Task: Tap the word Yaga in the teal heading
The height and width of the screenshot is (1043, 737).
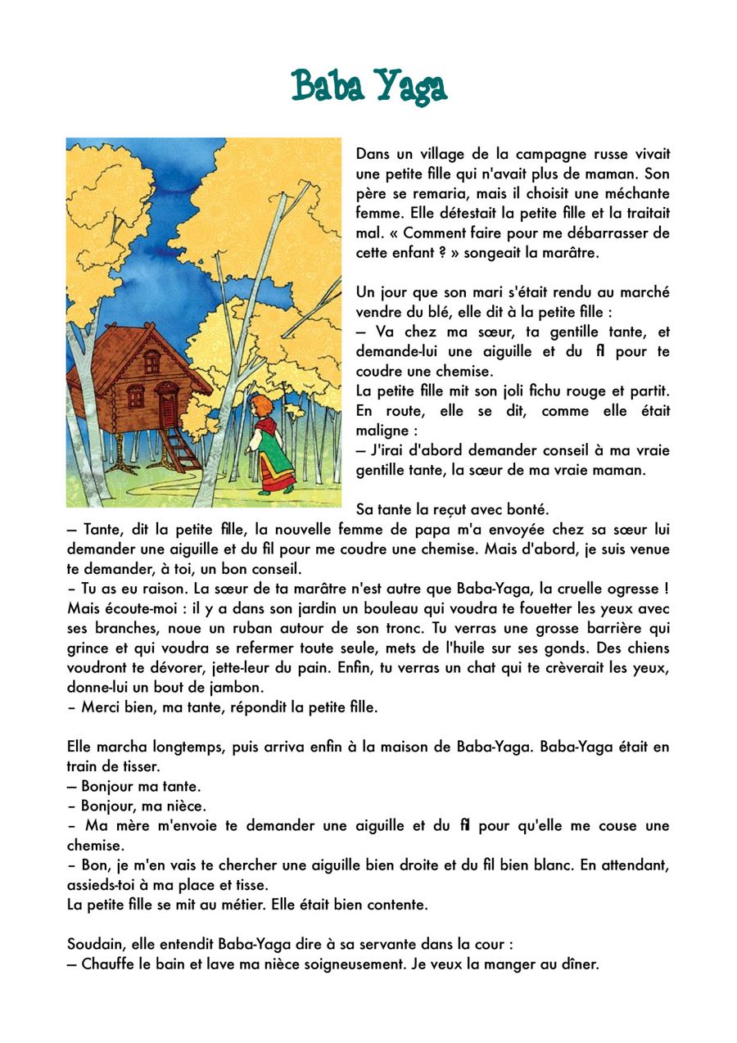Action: (x=410, y=87)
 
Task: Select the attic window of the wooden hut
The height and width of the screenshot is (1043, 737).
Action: (x=152, y=361)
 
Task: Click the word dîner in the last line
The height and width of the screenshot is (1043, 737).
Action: (x=579, y=964)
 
